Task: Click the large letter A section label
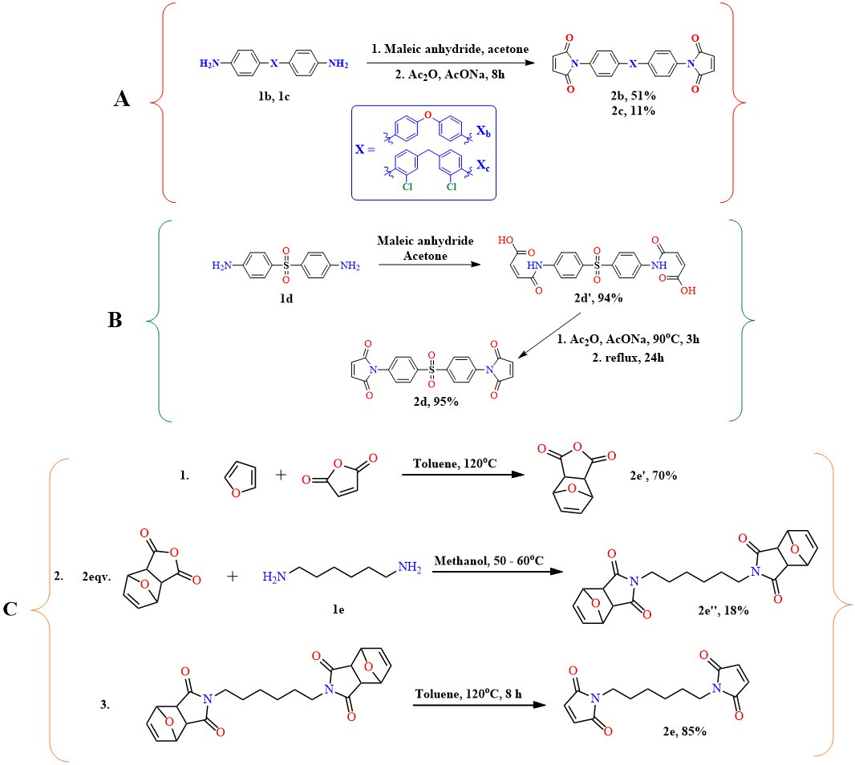click(122, 98)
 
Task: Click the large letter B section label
click(115, 319)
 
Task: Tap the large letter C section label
click(10, 609)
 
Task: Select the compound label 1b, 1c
click(274, 96)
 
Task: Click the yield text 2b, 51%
click(633, 95)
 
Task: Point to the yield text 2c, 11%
click(633, 110)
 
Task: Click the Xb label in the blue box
click(483, 131)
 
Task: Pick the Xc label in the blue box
click(483, 165)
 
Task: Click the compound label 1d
click(286, 298)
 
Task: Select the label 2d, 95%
click(436, 401)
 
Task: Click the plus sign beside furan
click(281, 475)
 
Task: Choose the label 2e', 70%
click(653, 476)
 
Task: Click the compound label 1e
click(338, 609)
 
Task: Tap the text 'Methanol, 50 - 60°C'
click(489, 561)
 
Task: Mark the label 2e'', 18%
click(723, 610)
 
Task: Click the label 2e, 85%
click(685, 731)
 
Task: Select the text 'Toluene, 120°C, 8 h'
click(468, 694)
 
